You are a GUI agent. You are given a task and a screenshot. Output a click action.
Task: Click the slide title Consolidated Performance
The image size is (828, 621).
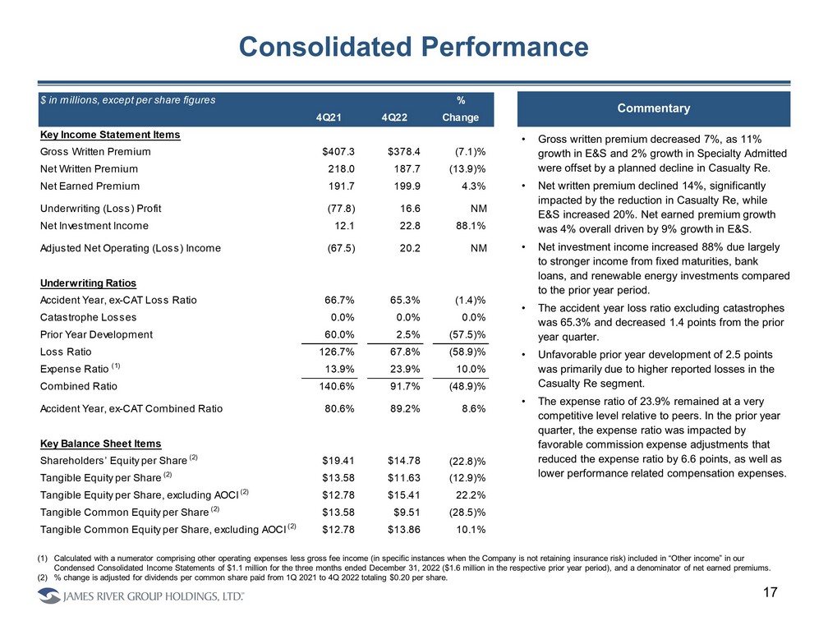pos(413,47)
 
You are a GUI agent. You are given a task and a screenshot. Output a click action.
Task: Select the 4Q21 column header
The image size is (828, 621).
pos(330,117)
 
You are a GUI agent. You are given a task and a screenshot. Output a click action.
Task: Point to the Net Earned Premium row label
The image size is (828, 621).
pos(89,186)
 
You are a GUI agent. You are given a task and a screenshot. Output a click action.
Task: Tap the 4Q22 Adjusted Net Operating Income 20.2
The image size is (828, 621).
pos(402,248)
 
